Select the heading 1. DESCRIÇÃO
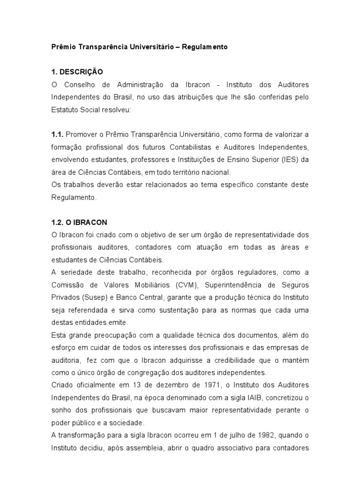(77, 72)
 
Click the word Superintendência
(240, 285)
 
